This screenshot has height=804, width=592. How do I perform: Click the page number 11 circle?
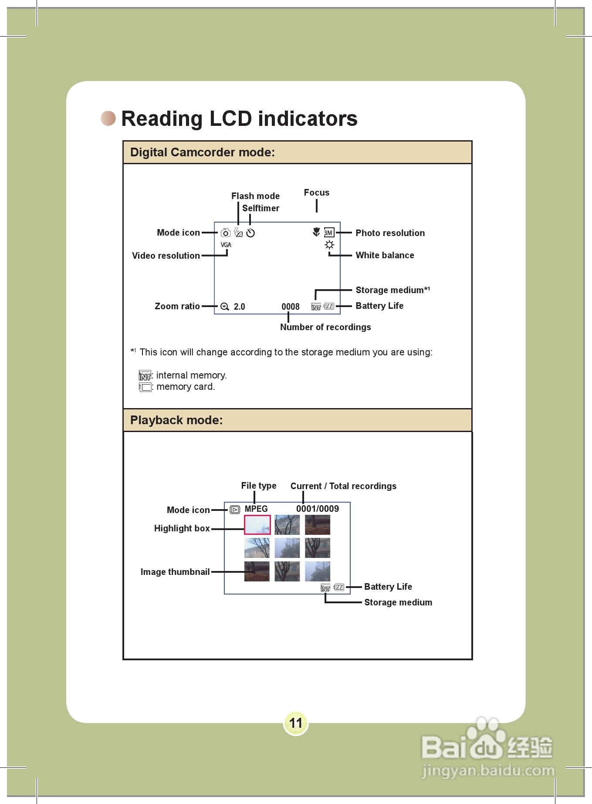[x=296, y=723]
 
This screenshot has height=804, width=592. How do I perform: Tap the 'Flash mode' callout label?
[x=255, y=196]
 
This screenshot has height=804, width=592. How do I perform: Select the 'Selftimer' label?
[x=260, y=208]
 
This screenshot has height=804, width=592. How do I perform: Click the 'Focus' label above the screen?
[x=317, y=193]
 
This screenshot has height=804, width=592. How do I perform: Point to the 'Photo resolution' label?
[x=390, y=233]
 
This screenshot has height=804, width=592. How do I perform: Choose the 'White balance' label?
[x=385, y=255]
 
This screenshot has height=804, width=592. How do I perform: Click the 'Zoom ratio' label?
[x=177, y=306]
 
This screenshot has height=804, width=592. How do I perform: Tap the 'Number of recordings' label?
[x=325, y=327]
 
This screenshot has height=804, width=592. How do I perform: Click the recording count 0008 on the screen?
[x=291, y=307]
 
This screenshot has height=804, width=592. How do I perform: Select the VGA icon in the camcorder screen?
[x=226, y=245]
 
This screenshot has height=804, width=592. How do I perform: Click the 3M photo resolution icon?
[x=329, y=233]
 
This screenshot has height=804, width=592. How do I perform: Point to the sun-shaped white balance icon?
[x=329, y=245]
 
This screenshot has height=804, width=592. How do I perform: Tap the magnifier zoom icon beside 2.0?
[x=225, y=307]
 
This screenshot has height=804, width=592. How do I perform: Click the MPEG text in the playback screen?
[x=256, y=509]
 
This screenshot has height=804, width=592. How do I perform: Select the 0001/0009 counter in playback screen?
[x=318, y=509]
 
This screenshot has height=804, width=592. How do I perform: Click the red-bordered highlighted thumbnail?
[x=257, y=525]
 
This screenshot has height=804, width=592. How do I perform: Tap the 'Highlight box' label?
[x=182, y=528]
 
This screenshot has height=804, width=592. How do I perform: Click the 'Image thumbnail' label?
[x=175, y=572]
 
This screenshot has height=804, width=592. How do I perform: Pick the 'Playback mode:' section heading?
[x=176, y=420]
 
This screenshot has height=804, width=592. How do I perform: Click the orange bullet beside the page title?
[x=108, y=118]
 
